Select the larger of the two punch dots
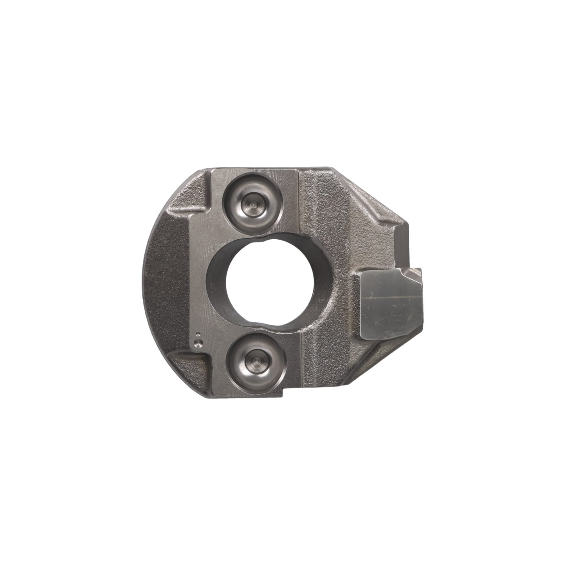(198, 342)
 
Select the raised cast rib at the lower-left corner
(190, 358)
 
